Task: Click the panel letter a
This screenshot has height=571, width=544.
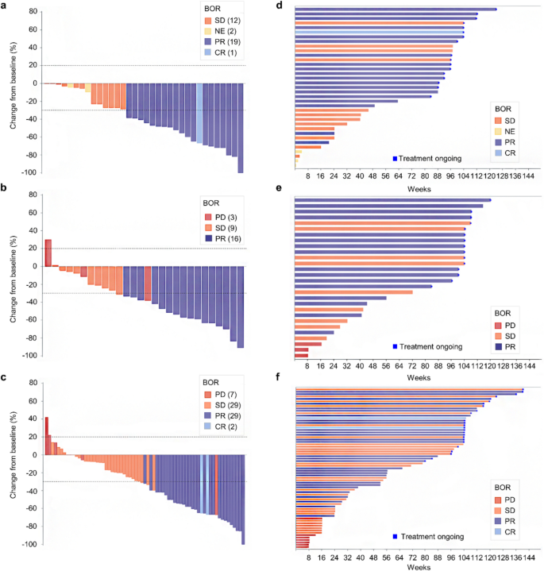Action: click(4, 6)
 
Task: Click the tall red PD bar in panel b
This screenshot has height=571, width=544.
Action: click(48, 253)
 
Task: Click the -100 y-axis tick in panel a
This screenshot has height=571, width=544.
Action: click(29, 172)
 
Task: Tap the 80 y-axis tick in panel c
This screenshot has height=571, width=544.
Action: click(32, 383)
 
